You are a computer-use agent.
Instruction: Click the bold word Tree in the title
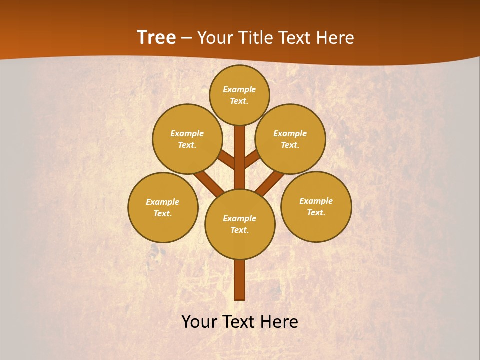(x=156, y=37)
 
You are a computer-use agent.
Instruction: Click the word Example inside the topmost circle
(x=239, y=90)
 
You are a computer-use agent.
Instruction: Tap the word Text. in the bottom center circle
(x=240, y=230)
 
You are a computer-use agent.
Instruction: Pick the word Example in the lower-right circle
(x=316, y=201)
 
